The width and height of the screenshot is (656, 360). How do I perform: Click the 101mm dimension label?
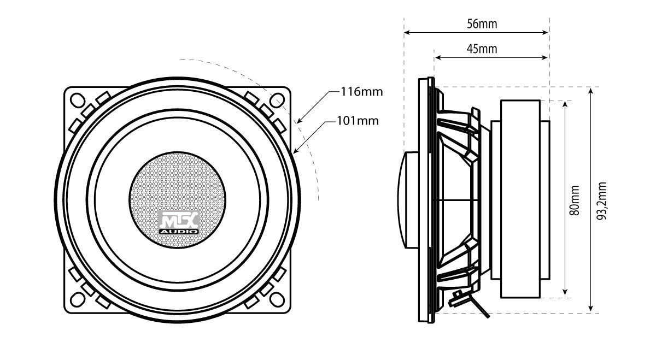(x=358, y=120)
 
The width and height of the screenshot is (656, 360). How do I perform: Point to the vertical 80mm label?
(x=575, y=200)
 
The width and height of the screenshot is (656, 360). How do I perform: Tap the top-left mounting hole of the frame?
(x=77, y=100)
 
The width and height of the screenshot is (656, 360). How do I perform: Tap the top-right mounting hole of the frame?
(x=277, y=100)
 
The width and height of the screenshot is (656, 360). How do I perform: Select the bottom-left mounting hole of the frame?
(x=77, y=298)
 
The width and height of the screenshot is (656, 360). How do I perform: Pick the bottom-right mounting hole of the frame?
(x=277, y=298)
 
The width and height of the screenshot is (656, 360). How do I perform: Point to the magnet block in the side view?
(x=520, y=199)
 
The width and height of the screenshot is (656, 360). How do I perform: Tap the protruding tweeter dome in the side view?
(x=411, y=199)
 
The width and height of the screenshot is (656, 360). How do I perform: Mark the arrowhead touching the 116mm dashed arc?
(x=298, y=120)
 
